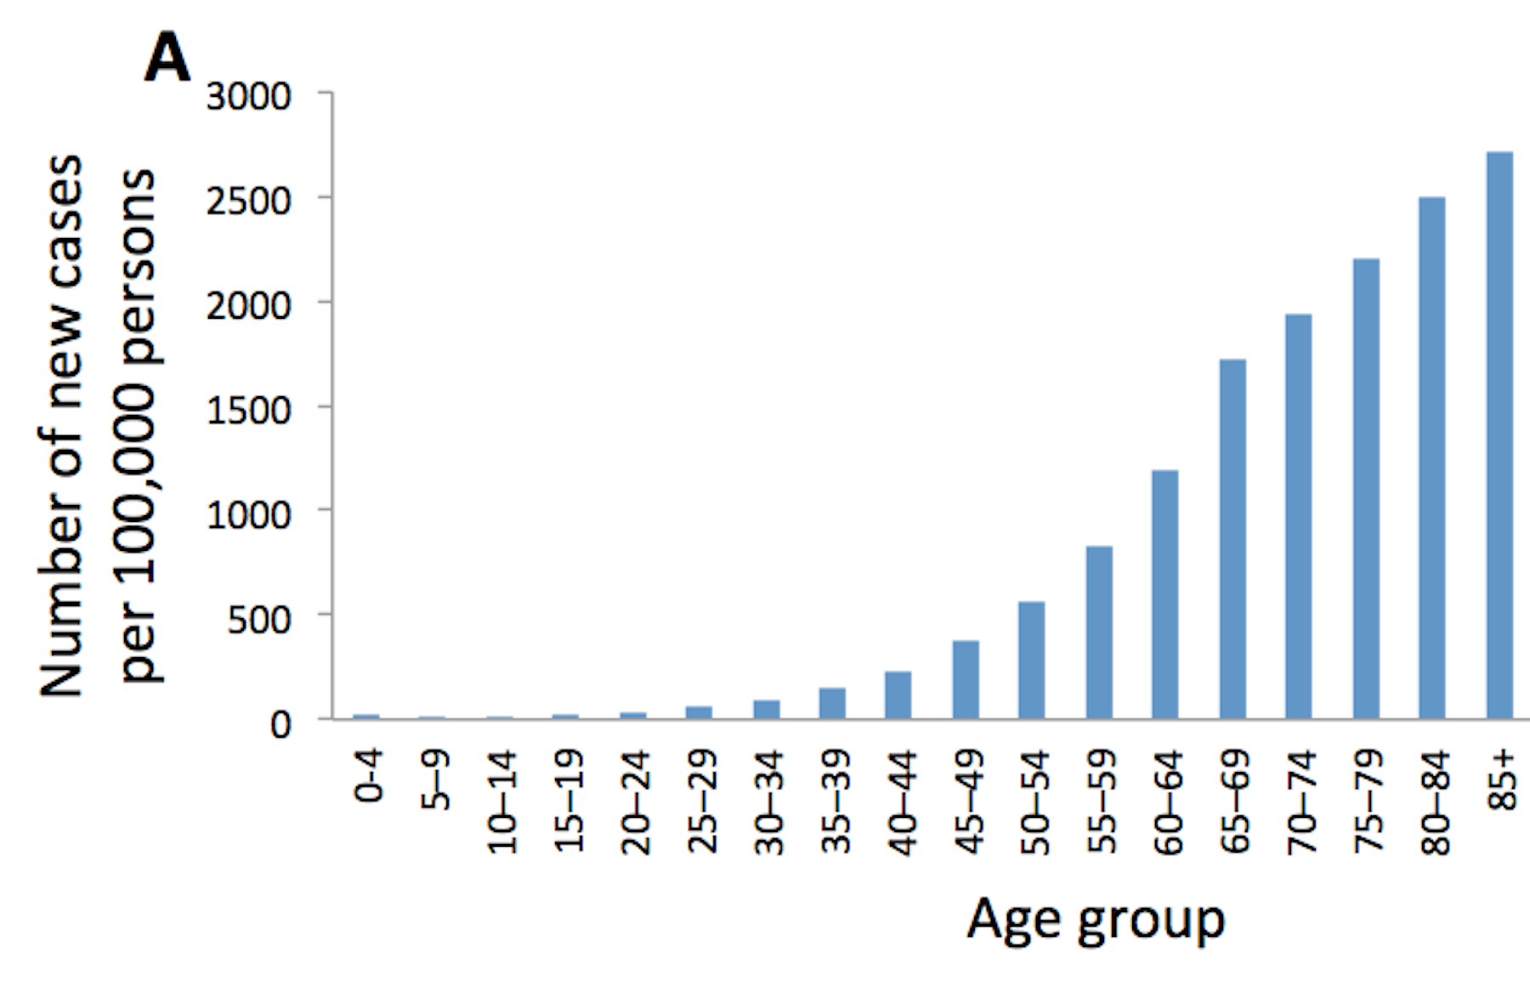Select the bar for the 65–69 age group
pos(1232,539)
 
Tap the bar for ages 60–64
pos(1165,594)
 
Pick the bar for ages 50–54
pos(1032,660)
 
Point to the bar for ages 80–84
pos(1432,458)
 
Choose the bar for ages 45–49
pos(966,679)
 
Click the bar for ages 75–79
pos(1366,489)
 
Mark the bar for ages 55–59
pos(1099,632)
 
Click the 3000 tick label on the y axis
pos(248,96)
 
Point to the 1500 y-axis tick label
pos(248,411)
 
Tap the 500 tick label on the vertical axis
pos(259,620)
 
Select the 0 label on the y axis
pos(280,724)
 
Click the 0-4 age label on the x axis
pos(368,776)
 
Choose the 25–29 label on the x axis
pos(702,801)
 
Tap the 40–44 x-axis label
pos(903,801)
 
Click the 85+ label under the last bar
pos(1503,780)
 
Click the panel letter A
pos(167,58)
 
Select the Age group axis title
pos(1095,920)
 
